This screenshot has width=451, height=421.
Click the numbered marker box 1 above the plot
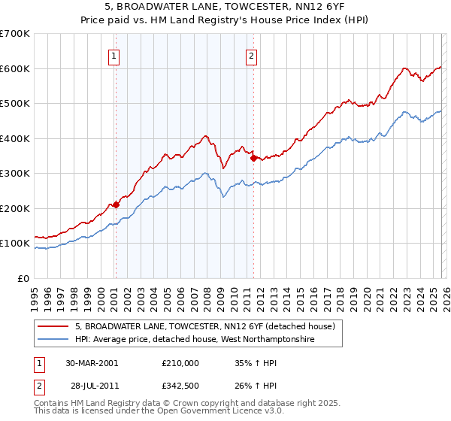114,55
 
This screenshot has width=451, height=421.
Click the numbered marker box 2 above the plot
251,55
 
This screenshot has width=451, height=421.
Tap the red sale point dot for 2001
116,204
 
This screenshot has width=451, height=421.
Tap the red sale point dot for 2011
253,158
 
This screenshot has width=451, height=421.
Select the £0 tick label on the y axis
23,278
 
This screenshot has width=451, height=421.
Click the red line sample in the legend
54,327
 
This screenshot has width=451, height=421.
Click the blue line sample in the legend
54,340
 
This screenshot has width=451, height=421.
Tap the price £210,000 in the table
180,362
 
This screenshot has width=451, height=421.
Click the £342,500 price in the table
180,387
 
